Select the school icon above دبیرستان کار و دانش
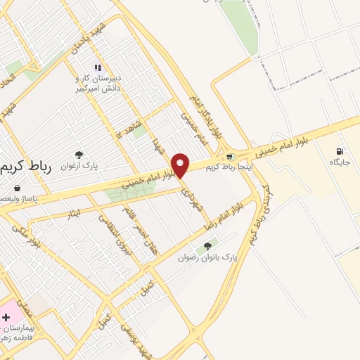[97, 67]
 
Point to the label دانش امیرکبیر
[98, 89]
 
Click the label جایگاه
[340, 162]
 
